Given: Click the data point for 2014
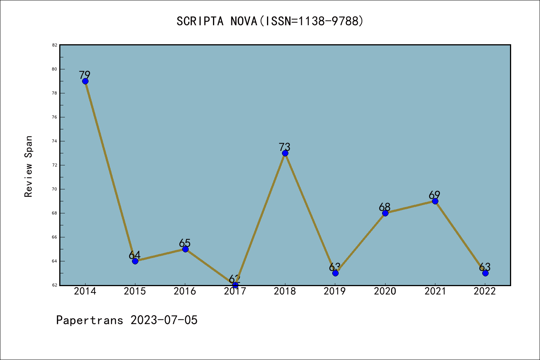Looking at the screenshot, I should click(85, 81).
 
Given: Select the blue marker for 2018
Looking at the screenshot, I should click(285, 153).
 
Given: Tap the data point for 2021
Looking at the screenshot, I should click(435, 201).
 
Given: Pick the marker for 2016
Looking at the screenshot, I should click(185, 249).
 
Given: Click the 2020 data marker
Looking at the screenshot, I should click(385, 213).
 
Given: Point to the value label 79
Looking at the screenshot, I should click(85, 75).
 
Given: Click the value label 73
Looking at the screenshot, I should click(285, 147).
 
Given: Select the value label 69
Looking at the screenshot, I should click(435, 195).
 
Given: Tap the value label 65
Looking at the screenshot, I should click(185, 243).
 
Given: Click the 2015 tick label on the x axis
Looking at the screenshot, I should click(135, 291).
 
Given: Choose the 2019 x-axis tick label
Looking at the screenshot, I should click(335, 291).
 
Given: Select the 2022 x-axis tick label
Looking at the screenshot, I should click(485, 291).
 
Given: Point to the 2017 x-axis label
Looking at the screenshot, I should click(235, 291).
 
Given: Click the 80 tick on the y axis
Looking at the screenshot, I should click(55, 69).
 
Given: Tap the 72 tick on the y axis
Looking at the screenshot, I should click(55, 165).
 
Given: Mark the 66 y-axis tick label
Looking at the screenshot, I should click(55, 237).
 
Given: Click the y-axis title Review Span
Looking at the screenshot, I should click(28, 166).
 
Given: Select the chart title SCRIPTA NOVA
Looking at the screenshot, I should click(270, 21).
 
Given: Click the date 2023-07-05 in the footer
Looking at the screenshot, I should click(164, 320).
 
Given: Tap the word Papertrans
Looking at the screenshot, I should click(90, 320).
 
